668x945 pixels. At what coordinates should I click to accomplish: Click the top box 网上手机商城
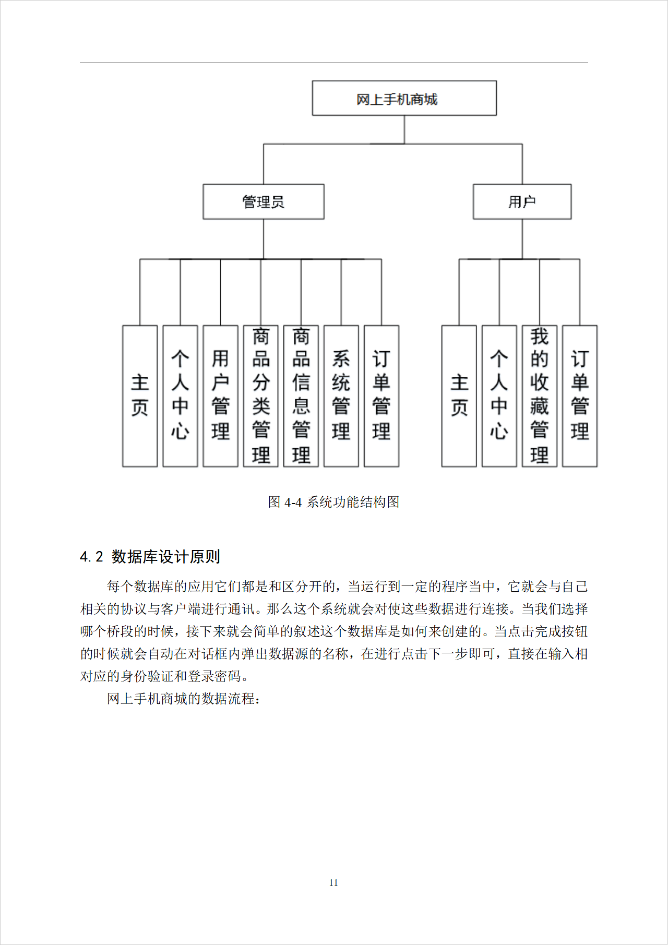(404, 98)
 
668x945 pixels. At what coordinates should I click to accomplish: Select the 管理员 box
(263, 201)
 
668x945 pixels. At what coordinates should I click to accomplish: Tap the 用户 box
(522, 201)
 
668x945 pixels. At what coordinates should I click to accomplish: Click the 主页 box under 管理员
(140, 396)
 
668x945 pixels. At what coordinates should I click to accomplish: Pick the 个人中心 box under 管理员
(180, 396)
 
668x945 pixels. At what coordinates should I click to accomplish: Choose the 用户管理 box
(220, 396)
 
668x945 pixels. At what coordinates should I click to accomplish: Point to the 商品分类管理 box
(260, 396)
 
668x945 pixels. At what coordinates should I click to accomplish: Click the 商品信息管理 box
(301, 396)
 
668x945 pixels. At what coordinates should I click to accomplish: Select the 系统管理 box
(341, 396)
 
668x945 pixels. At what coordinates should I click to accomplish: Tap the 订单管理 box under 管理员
(381, 396)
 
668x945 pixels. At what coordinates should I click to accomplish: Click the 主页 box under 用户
(459, 396)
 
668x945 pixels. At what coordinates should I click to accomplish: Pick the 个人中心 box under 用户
(499, 396)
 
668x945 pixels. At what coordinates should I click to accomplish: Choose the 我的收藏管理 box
(539, 396)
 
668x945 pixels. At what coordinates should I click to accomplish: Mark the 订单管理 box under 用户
(579, 396)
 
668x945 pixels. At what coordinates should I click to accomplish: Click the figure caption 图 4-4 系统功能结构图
(333, 502)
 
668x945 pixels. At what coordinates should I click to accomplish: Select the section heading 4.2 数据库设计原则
(150, 557)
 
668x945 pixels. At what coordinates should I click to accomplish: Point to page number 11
(333, 883)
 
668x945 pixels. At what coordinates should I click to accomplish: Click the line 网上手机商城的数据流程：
(183, 699)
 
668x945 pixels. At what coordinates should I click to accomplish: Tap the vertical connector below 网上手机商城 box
(404, 129)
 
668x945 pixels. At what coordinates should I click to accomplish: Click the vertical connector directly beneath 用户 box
(522, 238)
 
